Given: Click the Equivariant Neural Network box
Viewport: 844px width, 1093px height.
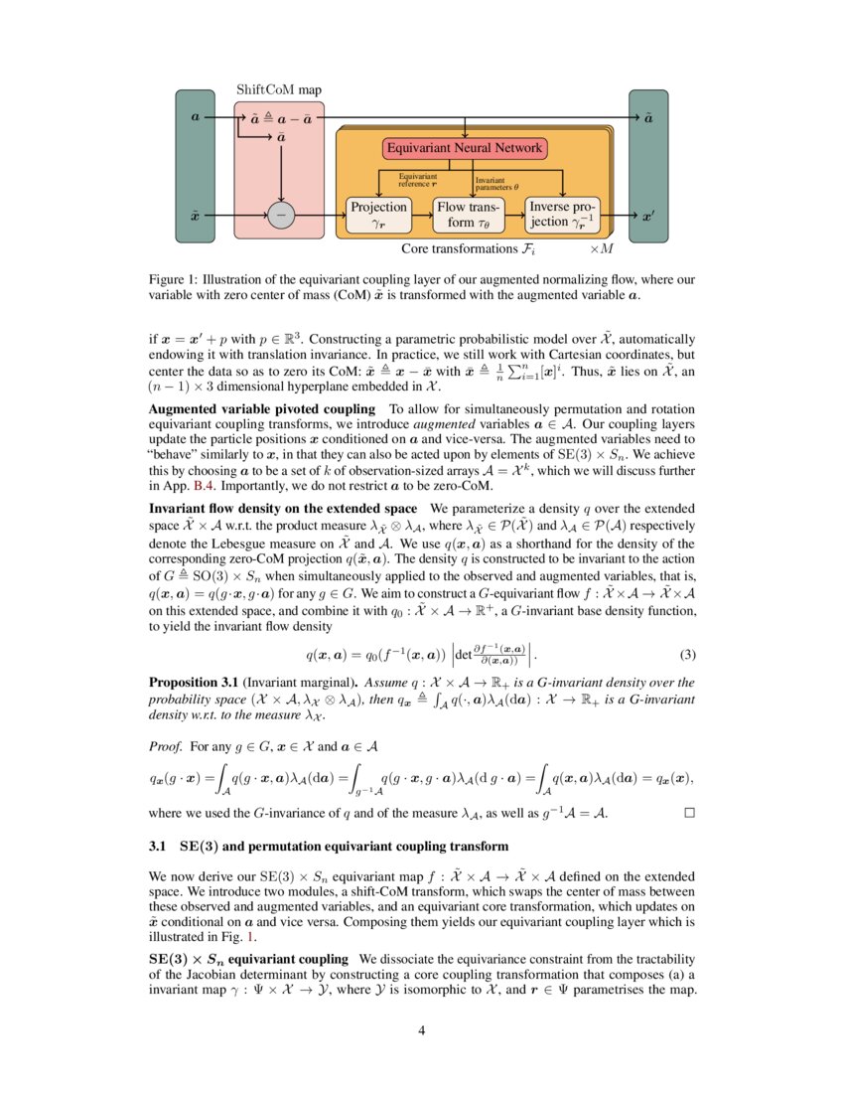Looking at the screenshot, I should [x=465, y=149].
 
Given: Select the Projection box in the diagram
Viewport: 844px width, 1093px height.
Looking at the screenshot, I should [x=378, y=215].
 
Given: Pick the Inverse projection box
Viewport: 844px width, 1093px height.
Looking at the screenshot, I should [x=562, y=215].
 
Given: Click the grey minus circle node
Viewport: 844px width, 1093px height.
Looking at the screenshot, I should [x=282, y=215].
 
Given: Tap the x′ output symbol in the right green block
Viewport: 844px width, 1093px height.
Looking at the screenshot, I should [x=648, y=215].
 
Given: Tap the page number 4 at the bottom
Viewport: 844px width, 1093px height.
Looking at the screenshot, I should [x=422, y=1030].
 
